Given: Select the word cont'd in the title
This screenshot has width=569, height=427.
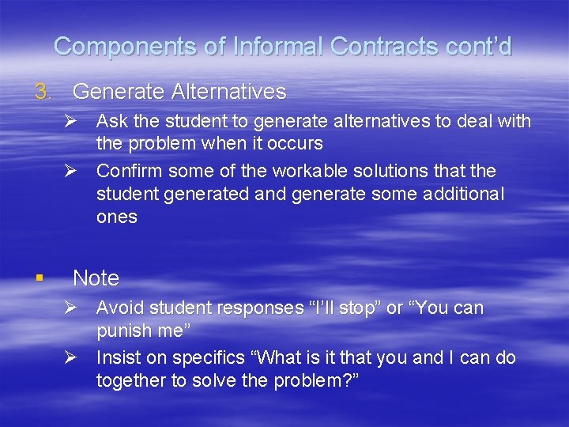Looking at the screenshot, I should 477,47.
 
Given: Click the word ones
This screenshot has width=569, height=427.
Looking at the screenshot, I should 116,217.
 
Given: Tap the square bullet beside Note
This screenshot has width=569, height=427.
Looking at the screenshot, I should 40,278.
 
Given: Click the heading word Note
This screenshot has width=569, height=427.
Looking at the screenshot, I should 96,278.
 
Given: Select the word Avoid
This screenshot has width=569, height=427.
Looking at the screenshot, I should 119,308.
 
